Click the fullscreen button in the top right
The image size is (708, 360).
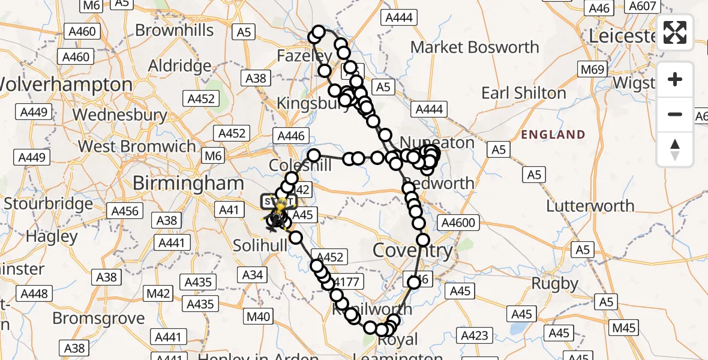click(675, 32)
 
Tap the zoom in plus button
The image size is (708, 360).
click(675, 79)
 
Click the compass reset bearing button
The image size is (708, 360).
click(675, 149)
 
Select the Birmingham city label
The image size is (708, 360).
click(188, 183)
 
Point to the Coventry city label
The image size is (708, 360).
click(413, 250)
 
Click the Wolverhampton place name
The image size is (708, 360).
click(66, 84)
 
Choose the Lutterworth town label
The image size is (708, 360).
click(590, 206)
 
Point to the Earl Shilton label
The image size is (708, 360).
click(524, 93)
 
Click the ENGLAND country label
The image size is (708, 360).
click(553, 134)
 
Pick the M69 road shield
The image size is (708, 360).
click(592, 70)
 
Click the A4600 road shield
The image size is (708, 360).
click(458, 223)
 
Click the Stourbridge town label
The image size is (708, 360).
click(49, 203)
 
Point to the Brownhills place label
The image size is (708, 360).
click(174, 30)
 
